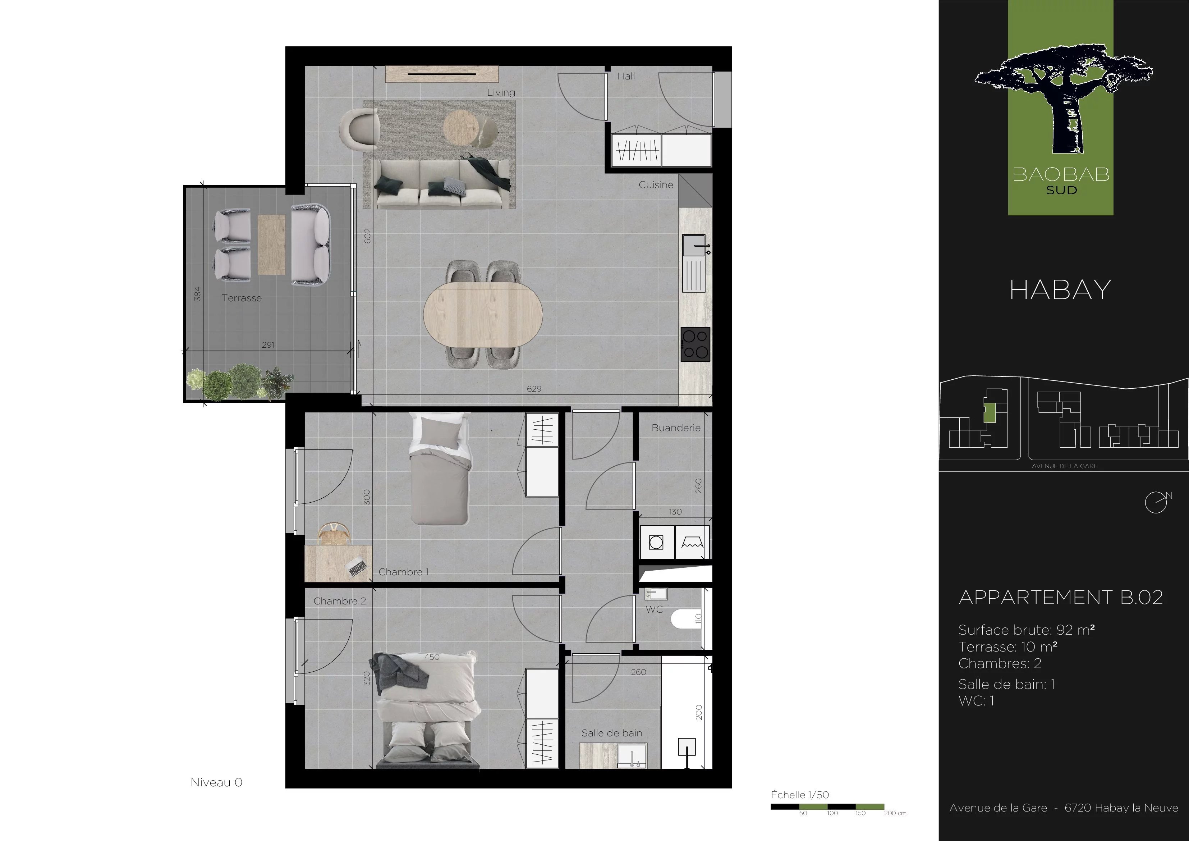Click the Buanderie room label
[676, 428]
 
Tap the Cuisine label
[656, 185]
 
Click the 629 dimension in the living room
[534, 389]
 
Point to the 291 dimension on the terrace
[268, 344]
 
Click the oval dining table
[483, 315]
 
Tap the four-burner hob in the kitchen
[696, 344]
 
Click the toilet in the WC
[685, 619]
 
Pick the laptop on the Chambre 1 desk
[356, 567]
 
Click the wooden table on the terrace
[271, 244]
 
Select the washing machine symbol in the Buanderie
[656, 543]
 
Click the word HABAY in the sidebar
[1060, 290]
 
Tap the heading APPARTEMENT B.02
[1061, 598]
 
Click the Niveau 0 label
[216, 782]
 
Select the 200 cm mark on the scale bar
[895, 813]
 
